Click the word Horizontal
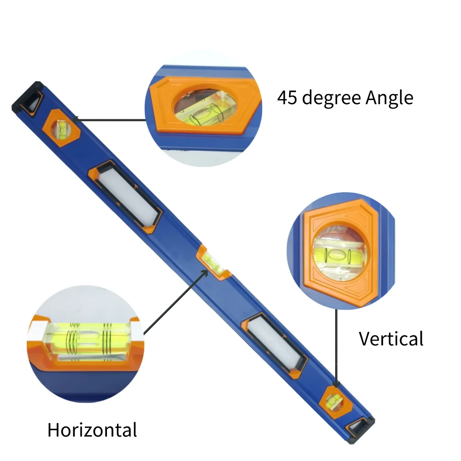pos(92,430)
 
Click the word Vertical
pos(391,339)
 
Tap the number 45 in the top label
pos(288,98)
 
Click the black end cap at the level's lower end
pos(360,429)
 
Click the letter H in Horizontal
pos(53,430)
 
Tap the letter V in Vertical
pos(365,339)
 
